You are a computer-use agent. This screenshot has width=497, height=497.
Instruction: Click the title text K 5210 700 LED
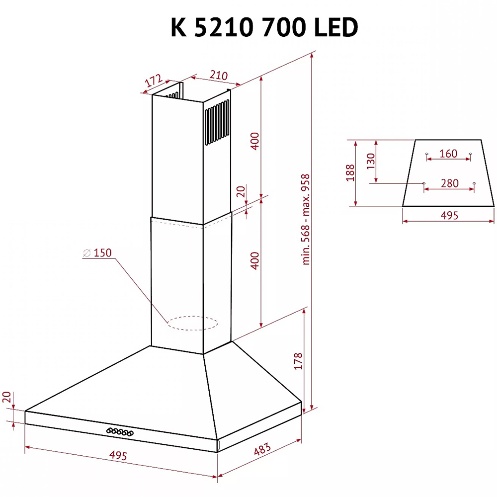tap(264, 28)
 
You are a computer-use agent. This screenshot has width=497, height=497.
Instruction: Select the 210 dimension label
tap(218, 76)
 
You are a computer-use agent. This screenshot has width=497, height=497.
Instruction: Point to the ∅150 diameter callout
tap(97, 253)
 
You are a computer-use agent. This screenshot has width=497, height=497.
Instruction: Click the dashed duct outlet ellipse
tap(192, 324)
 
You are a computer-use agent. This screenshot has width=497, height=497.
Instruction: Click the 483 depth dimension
tap(262, 450)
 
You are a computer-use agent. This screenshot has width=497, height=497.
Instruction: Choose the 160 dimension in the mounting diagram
tap(448, 154)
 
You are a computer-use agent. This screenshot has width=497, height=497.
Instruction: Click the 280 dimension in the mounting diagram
tap(449, 183)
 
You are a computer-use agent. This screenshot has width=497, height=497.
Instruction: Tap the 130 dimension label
tap(370, 161)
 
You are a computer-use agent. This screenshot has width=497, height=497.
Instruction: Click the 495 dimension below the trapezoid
tap(449, 215)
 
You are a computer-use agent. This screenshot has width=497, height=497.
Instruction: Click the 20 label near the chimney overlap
tap(241, 192)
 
